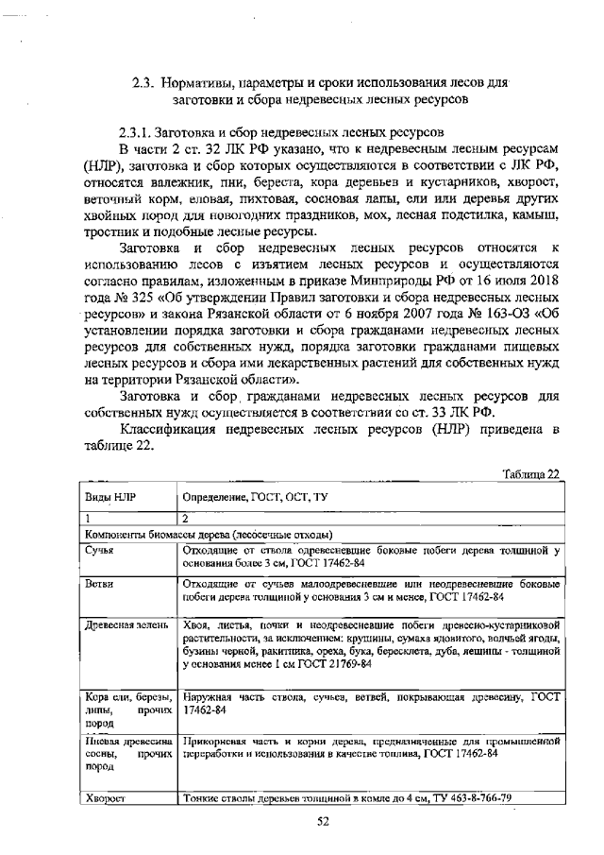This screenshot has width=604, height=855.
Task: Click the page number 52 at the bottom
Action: (322, 821)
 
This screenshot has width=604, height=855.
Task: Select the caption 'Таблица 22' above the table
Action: (531, 473)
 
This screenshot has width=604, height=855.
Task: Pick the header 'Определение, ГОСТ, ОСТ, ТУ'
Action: (254, 496)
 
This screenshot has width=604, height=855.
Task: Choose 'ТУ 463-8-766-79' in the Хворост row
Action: (468, 798)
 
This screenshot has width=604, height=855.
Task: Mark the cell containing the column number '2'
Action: (186, 519)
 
